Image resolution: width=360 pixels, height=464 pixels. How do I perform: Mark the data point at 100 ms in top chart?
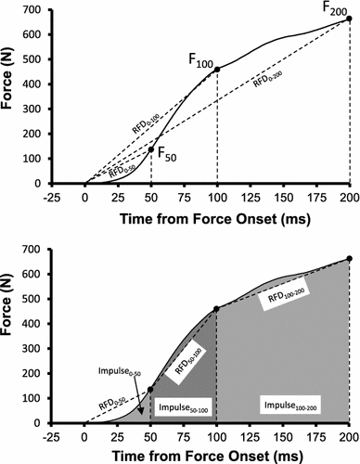click(x=217, y=69)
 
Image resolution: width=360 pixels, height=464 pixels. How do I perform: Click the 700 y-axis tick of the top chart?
click(x=49, y=9)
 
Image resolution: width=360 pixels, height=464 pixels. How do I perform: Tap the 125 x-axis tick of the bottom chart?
click(x=251, y=434)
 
